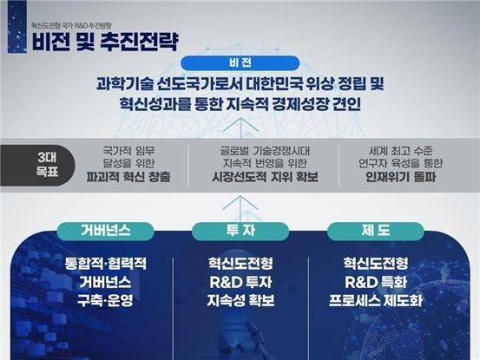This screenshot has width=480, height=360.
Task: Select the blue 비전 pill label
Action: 240,64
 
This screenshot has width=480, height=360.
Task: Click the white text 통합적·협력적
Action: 101,261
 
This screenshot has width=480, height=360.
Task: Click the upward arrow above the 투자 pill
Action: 240,205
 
